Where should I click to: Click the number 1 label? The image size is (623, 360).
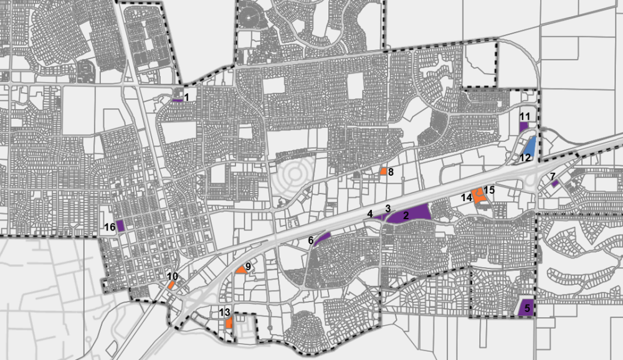tap(186, 95)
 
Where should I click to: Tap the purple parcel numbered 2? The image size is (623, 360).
tap(411, 214)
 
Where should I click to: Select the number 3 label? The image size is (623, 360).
tap(388, 209)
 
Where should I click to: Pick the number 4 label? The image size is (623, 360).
tap(370, 214)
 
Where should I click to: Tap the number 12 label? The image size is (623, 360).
tap(525, 158)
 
